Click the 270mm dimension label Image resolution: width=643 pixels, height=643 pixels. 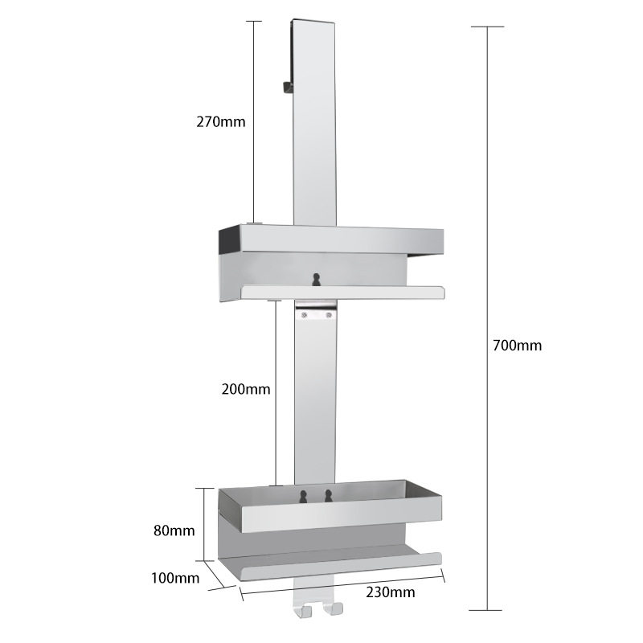coord(220,122)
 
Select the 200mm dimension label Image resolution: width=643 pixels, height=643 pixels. coord(246,389)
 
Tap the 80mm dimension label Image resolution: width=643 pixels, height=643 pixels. coord(173,530)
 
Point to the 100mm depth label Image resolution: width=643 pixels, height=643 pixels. coord(174,578)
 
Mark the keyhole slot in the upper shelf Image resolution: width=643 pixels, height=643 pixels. coord(314,278)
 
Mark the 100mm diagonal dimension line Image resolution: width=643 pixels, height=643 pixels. coord(214,574)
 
